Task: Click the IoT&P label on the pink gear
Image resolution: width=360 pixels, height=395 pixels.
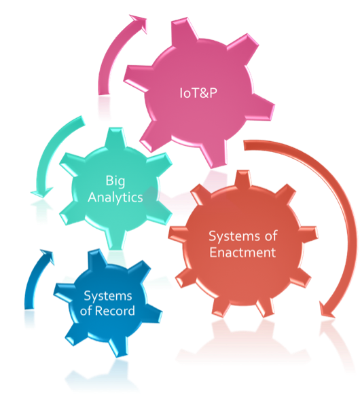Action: (198, 93)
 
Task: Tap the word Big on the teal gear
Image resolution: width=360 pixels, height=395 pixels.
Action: (115, 181)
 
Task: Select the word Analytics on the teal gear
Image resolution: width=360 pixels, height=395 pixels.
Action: (115, 197)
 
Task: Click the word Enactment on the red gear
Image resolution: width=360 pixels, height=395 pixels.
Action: (242, 252)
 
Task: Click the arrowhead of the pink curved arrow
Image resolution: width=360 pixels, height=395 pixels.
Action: (138, 24)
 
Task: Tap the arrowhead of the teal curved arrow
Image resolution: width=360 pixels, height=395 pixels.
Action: (41, 193)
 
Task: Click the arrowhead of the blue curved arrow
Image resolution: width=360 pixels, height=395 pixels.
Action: (48, 257)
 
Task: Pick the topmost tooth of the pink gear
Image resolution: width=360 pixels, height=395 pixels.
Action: (183, 29)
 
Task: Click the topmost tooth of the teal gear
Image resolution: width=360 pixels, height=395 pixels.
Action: (115, 137)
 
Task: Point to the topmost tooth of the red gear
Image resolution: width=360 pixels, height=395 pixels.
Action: (242, 179)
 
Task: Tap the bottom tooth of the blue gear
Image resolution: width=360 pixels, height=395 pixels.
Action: (117, 347)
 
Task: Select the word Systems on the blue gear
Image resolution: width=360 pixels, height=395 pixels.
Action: (108, 296)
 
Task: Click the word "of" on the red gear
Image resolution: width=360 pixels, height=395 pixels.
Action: (271, 236)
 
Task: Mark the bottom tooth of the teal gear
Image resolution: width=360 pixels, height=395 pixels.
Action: (115, 240)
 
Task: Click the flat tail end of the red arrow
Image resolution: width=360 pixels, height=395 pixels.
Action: (245, 146)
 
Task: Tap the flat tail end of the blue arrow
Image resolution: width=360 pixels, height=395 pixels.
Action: (29, 308)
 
